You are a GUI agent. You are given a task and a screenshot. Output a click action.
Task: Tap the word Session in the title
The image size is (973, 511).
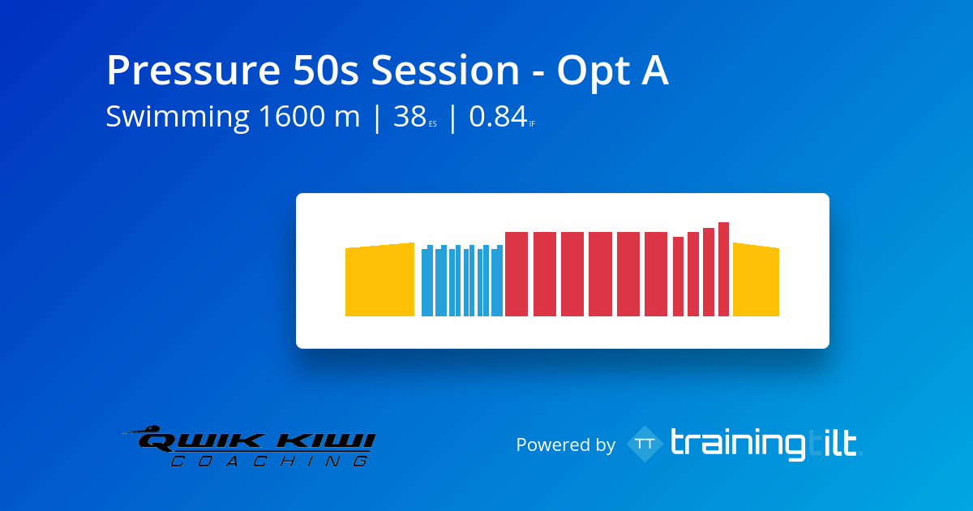pos(445,70)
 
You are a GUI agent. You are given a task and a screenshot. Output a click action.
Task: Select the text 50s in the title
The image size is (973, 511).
pos(326,70)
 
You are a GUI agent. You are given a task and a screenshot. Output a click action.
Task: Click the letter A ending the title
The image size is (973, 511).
pos(655,70)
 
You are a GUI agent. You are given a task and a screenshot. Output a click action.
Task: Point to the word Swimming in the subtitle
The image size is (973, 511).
pos(178,118)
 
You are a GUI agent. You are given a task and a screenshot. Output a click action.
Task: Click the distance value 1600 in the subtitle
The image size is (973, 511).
pos(291,116)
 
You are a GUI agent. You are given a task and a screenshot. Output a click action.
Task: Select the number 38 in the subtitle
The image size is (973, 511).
pos(409,116)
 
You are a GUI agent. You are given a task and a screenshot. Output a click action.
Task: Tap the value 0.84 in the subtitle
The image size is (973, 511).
pos(498,116)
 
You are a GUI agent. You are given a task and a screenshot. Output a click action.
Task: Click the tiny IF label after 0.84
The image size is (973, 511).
pos(532,124)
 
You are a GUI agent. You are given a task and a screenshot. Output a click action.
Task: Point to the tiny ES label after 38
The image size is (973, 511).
pos(433,124)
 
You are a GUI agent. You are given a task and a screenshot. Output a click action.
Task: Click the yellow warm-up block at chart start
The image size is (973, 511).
pos(379,280)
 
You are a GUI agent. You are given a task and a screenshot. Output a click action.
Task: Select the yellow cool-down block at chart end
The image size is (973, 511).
pos(756,280)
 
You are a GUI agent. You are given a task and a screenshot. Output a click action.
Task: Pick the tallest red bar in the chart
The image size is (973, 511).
pos(723,269)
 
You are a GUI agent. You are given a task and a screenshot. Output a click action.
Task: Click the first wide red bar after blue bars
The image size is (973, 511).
pos(517,274)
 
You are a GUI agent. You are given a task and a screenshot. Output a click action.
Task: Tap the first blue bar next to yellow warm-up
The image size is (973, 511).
pos(427,281)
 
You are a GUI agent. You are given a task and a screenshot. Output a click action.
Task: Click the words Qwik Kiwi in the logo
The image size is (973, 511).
pos(256,441)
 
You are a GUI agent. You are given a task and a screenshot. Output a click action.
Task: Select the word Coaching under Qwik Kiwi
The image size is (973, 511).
pos(269,461)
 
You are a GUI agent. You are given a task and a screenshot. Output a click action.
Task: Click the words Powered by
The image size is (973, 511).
pos(566,445)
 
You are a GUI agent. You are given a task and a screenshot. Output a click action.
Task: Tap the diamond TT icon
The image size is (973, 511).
pos(645,444)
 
